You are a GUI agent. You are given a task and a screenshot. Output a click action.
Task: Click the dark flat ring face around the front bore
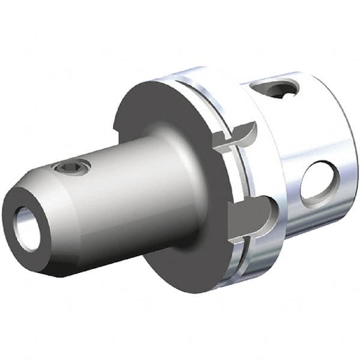point(18,210)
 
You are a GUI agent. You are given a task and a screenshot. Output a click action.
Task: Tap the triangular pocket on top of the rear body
point(276,90)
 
